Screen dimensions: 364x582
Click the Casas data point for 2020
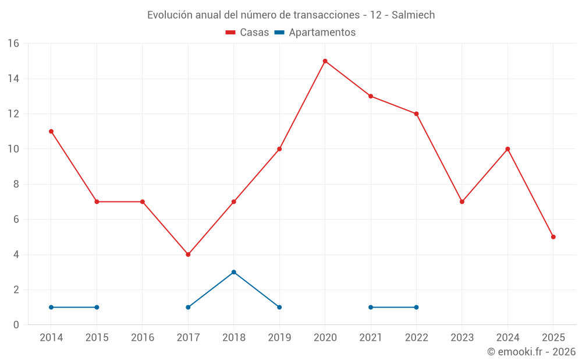pos(325,61)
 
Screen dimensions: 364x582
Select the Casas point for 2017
pos(188,255)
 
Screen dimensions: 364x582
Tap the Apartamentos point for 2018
pos(233,272)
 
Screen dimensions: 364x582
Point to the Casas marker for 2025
pos(553,237)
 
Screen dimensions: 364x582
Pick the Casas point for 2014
pos(51,132)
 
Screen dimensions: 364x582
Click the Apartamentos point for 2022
pos(416,308)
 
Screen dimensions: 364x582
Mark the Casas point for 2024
pos(508,149)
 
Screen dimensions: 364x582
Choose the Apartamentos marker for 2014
pos(51,308)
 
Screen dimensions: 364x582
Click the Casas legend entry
pos(247,33)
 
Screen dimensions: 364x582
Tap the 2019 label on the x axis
pos(279,338)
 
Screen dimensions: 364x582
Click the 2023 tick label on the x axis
pos(462,338)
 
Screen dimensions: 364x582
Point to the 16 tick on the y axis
pos(13,44)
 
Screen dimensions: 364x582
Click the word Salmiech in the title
pos(413,15)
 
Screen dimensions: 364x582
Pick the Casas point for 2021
pos(371,96)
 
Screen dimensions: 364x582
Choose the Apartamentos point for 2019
pos(279,308)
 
